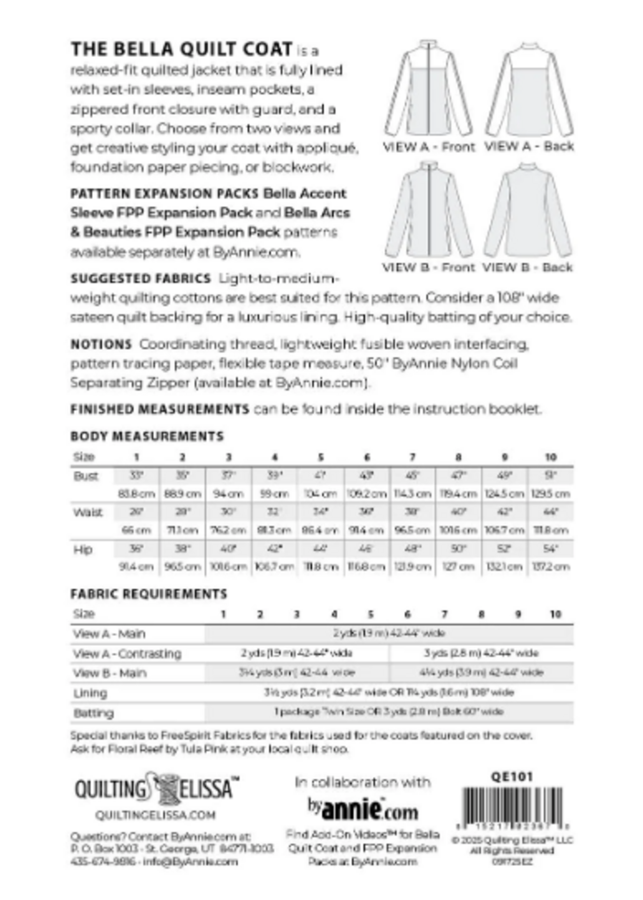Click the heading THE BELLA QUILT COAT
coord(181,49)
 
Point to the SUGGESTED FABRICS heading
coord(140,278)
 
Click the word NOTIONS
coord(101,344)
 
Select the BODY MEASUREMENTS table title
coord(147,436)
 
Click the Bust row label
coord(86,476)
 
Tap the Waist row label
coord(88,512)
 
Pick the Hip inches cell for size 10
coord(551,549)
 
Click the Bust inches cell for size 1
coord(136,476)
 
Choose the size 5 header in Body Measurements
coord(321,457)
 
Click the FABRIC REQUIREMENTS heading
coord(148,594)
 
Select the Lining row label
coord(90,693)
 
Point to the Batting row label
coord(93,713)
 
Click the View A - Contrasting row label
coord(127,653)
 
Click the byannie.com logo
coord(362,809)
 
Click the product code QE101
coord(511,777)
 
